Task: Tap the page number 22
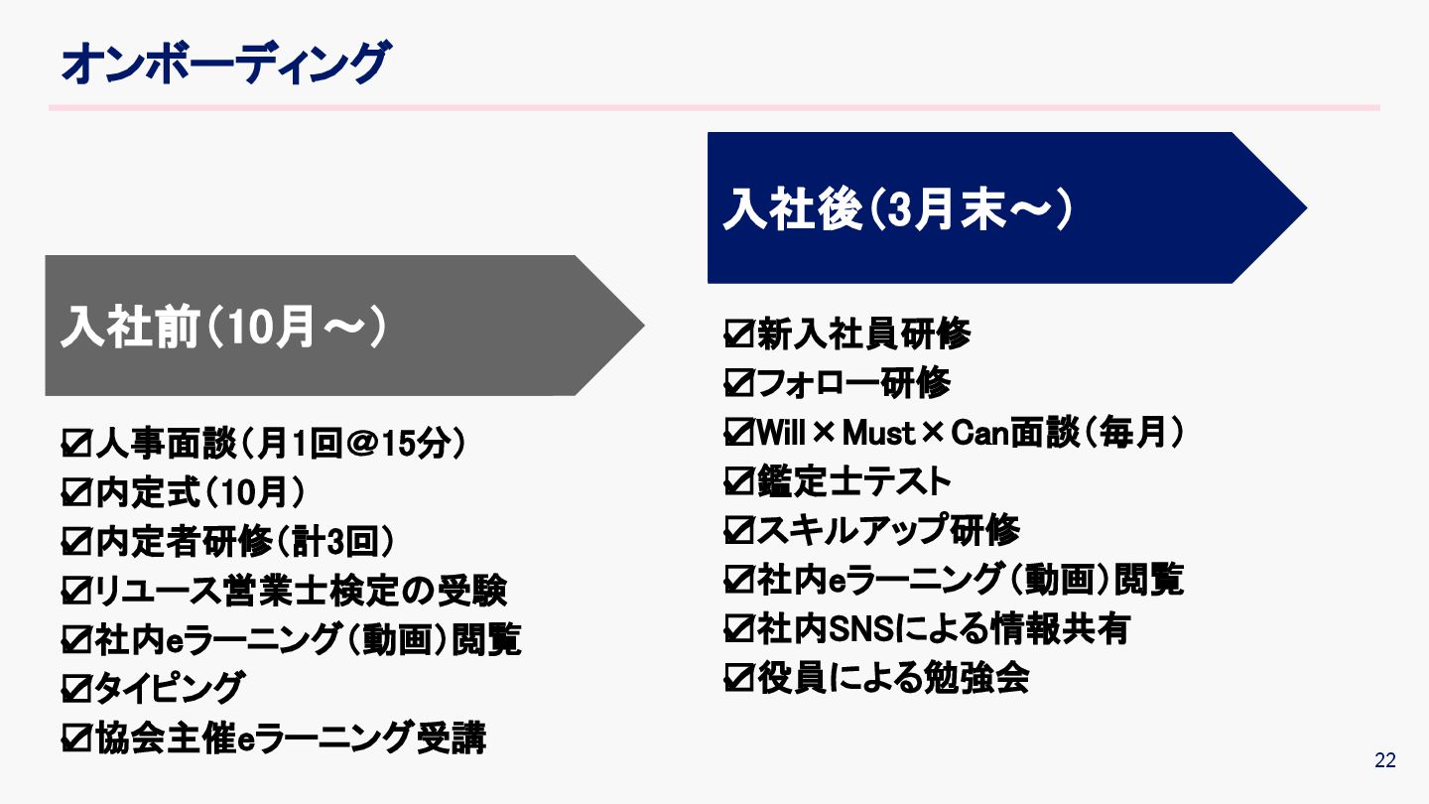point(1385,761)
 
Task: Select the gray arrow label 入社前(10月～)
point(223,327)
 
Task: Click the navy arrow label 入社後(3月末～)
point(898,208)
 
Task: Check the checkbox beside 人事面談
point(76,444)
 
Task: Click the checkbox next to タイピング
point(76,686)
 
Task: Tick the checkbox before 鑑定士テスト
point(739,481)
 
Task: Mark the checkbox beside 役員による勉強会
point(739,678)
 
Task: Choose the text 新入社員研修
point(863,335)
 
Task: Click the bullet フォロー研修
point(853,383)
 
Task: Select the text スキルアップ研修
point(888,530)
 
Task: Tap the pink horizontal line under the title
point(714,107)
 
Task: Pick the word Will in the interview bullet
point(784,433)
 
